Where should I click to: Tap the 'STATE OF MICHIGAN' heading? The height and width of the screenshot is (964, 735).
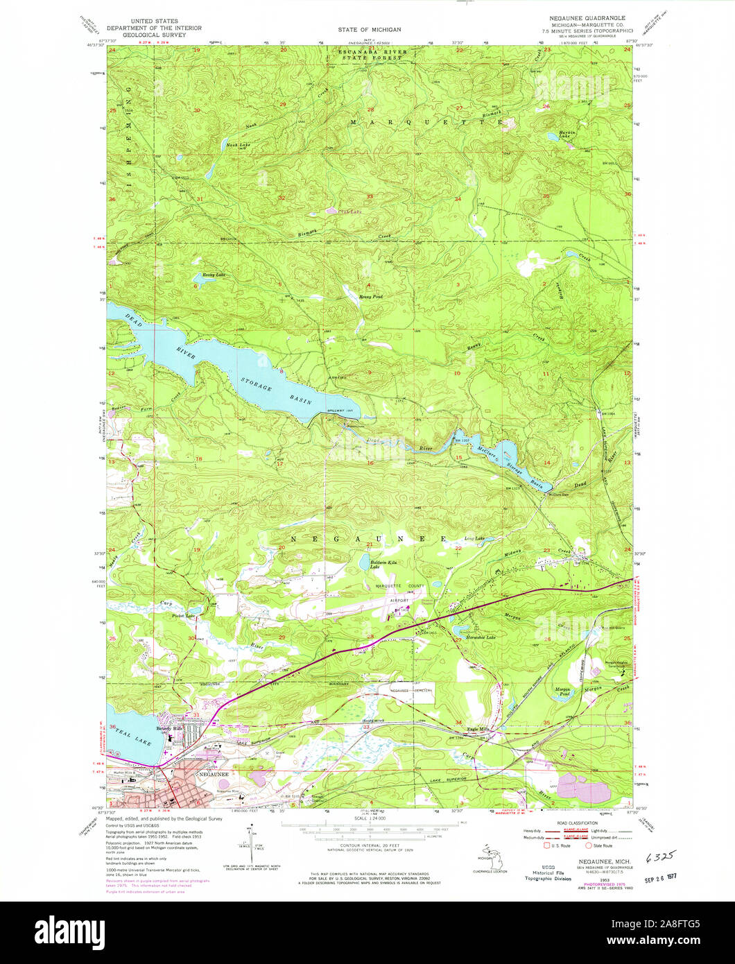pos(370,30)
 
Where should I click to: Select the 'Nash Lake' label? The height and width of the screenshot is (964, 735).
pos(234,144)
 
